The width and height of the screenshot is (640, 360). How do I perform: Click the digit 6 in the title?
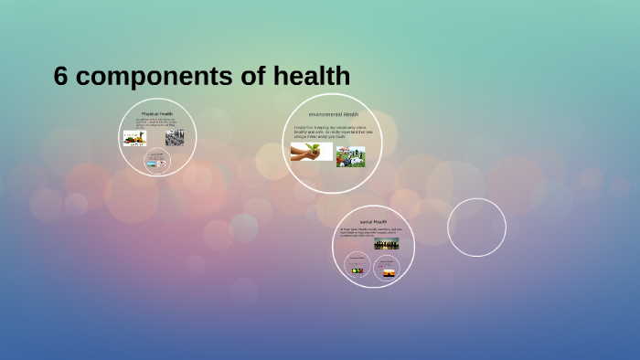coord(61,78)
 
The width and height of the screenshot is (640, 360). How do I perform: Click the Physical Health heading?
coord(158,113)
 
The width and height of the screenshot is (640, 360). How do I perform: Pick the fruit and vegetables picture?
coord(135,138)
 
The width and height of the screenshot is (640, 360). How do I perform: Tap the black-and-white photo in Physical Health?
coord(175,137)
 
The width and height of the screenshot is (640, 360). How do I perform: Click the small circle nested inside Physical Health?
coord(157,163)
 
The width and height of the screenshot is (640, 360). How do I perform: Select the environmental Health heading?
coord(333,114)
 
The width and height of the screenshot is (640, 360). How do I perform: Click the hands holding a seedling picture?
coord(311,152)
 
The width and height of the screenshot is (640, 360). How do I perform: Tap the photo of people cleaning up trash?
coord(350,156)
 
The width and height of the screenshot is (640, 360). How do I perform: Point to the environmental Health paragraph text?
coord(333,132)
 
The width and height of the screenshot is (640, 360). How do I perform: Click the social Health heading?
coord(373,221)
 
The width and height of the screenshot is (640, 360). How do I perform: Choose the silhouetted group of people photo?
coord(386,244)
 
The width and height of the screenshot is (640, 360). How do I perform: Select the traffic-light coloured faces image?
coord(357,270)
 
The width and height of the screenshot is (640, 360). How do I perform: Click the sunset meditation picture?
coord(389,272)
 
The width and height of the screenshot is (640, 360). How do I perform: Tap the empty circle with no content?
coord(476,228)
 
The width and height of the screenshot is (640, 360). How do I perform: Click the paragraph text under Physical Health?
coord(155,122)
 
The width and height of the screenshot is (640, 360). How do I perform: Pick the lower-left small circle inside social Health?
coord(357,266)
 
